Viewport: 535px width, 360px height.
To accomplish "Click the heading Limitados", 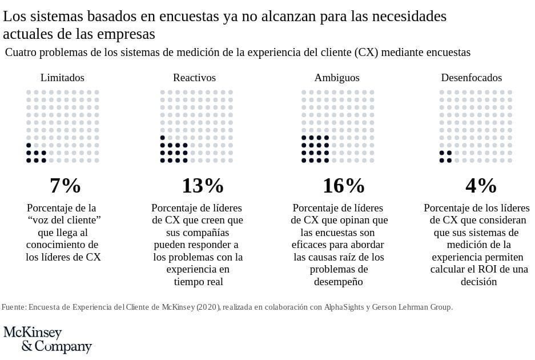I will click(x=62, y=78).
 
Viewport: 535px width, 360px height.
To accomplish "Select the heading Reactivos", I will click(x=194, y=78).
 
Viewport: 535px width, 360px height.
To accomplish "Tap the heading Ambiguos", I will click(x=337, y=78).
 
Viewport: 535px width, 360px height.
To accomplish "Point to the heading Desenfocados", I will click(x=471, y=78).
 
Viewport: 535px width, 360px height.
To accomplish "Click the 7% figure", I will click(x=65, y=185).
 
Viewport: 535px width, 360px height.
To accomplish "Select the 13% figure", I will click(x=202, y=185).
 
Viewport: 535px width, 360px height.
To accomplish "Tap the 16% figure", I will click(x=343, y=185).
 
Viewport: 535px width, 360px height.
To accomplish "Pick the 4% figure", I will click(x=481, y=185).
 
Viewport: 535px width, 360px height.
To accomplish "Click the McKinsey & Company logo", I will click(x=47, y=339).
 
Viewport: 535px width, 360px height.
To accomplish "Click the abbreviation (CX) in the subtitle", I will click(x=367, y=53).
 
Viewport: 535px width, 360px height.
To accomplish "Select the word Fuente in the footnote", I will click(x=13, y=307).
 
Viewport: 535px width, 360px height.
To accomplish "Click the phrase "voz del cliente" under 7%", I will click(x=64, y=220).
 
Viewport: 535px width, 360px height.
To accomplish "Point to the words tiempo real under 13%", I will click(x=198, y=282).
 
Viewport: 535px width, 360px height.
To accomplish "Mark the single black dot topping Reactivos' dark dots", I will click(x=163, y=138).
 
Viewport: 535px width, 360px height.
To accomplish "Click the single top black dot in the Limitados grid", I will click(x=29, y=145).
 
